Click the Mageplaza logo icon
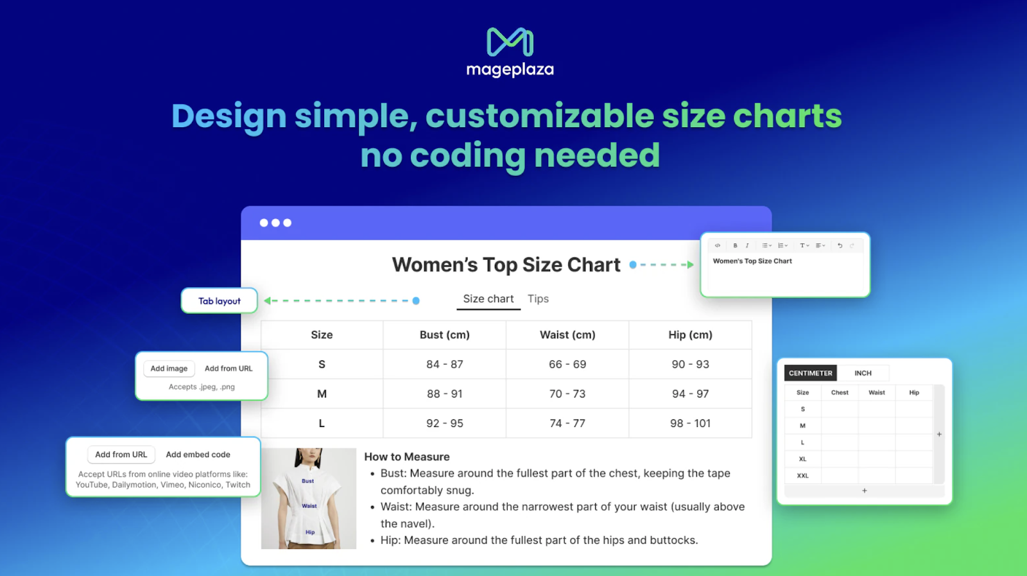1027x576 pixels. (510, 42)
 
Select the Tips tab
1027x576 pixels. (538, 299)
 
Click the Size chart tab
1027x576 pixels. (488, 299)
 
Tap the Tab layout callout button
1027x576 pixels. (220, 301)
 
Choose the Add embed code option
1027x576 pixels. (198, 455)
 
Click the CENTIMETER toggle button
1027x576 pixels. (810, 373)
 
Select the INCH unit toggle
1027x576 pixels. (863, 373)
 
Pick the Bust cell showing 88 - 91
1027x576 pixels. (444, 394)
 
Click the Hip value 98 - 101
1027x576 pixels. (690, 423)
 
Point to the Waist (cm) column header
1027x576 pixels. (567, 335)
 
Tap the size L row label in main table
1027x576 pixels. (322, 423)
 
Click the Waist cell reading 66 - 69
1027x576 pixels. (567, 364)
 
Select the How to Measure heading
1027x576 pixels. (407, 457)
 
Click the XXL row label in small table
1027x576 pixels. (802, 476)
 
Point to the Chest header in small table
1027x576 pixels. (840, 392)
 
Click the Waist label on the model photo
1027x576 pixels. (309, 506)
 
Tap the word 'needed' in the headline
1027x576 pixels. (597, 155)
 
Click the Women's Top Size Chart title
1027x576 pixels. (506, 265)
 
